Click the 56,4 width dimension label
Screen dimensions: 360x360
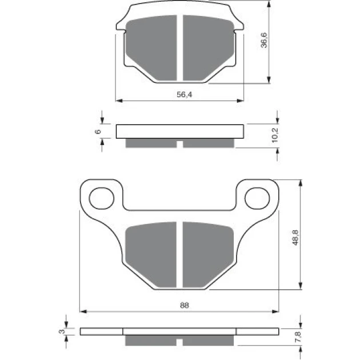click(x=184, y=94)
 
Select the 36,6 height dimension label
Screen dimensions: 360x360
click(x=264, y=40)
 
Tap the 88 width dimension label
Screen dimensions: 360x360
click(x=185, y=305)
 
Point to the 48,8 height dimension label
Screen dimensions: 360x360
click(x=296, y=237)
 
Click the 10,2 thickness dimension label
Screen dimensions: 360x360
click(x=275, y=135)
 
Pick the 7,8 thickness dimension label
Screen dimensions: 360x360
click(x=298, y=337)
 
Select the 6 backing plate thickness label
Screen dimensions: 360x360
click(x=98, y=131)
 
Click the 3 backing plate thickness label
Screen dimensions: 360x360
click(x=62, y=331)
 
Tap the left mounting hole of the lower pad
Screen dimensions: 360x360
click(x=102, y=198)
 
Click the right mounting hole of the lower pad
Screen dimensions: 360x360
click(x=257, y=198)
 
